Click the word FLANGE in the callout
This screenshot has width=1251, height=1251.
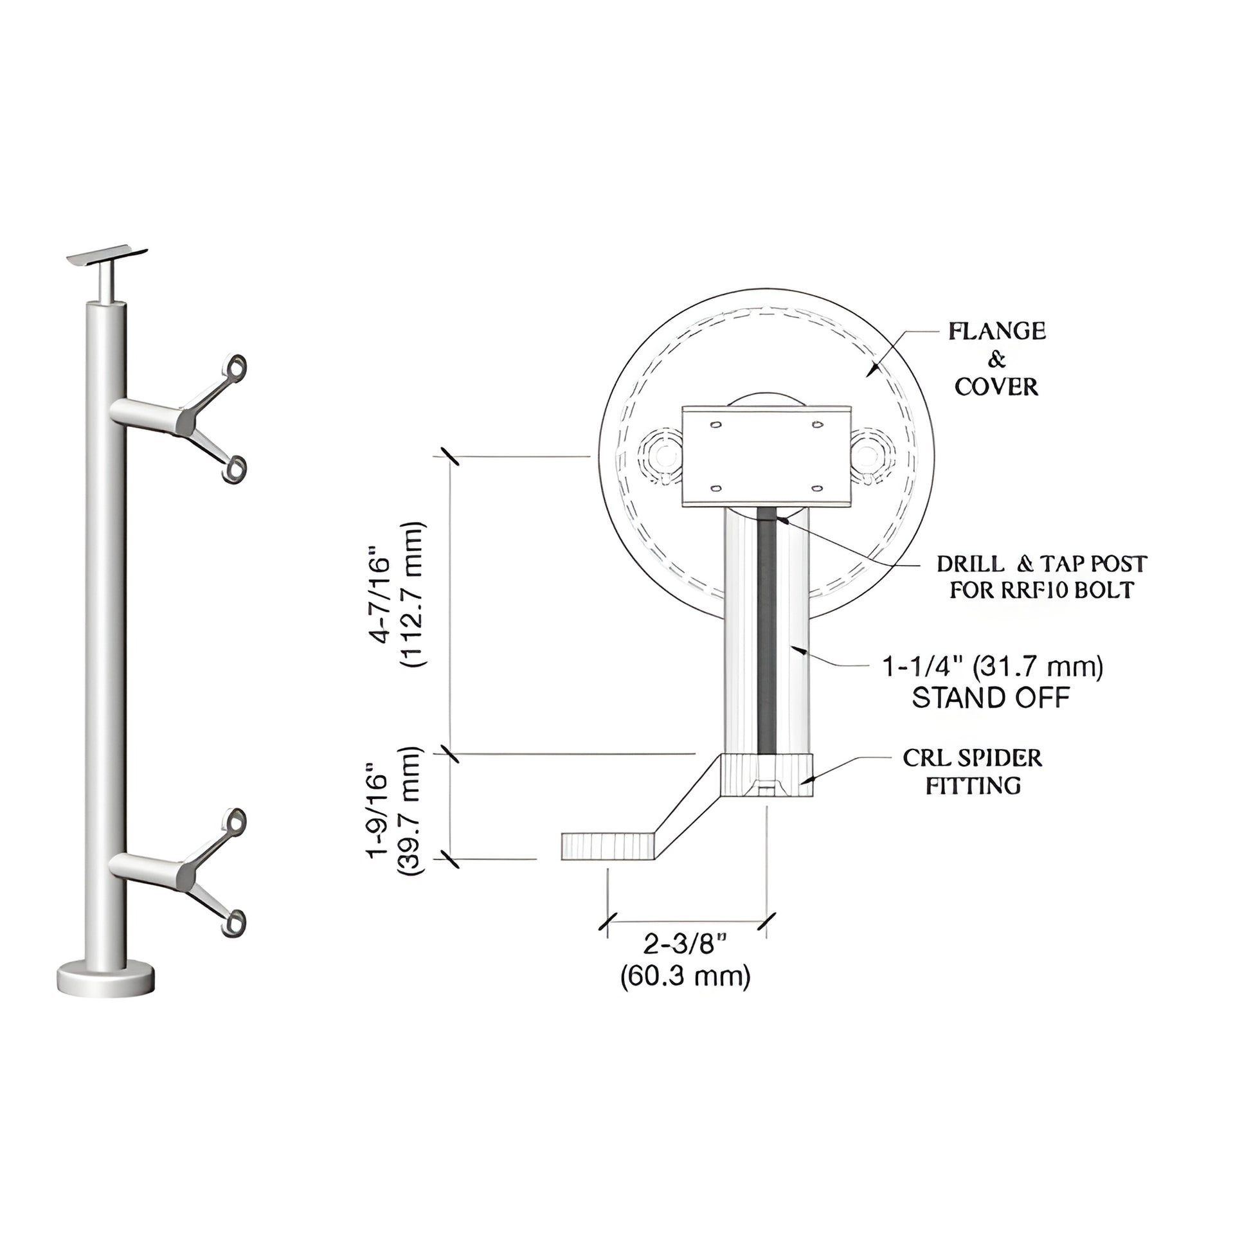[x=996, y=331]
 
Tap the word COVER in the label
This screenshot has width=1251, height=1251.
[x=996, y=386]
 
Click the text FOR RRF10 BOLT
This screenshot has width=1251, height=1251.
[x=1041, y=590]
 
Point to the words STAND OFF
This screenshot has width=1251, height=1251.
[x=991, y=697]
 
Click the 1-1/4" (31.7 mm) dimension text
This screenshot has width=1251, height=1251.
[x=993, y=666]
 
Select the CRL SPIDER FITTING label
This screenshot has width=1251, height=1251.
[x=973, y=771]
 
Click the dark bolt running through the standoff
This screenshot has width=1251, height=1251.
[x=767, y=634]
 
